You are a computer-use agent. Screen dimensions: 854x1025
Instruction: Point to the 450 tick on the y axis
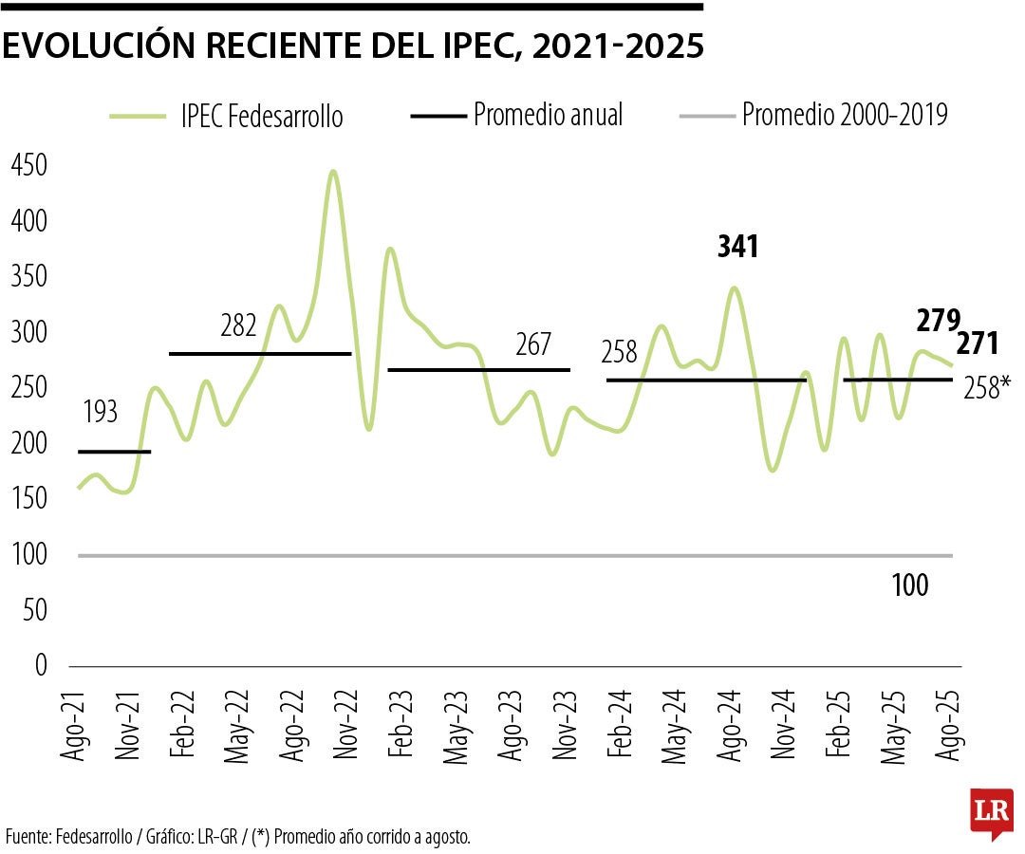point(28,166)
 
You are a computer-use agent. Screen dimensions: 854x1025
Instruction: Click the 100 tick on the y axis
point(28,555)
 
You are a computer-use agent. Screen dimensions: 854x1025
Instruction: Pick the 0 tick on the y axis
point(40,666)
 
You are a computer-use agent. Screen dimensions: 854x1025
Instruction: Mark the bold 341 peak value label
point(737,248)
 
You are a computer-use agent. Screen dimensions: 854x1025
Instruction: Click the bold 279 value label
point(939,321)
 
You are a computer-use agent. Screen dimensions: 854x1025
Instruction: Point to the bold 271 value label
point(977,343)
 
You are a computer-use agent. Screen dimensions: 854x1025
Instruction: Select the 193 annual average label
point(100,413)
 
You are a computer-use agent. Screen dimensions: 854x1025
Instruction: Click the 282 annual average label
point(238,325)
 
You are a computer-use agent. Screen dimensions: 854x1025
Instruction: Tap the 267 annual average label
point(532,344)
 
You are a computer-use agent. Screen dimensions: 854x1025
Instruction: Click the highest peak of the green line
point(332,172)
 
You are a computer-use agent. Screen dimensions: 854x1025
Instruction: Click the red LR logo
point(992,812)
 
